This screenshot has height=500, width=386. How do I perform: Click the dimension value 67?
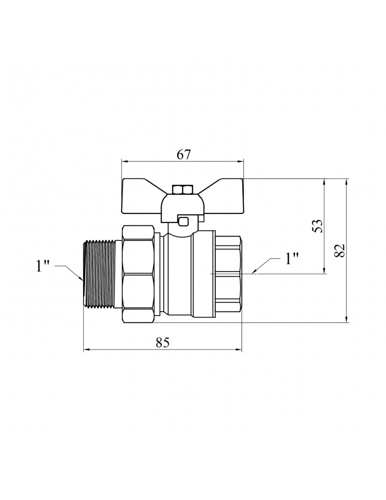click(x=184, y=154)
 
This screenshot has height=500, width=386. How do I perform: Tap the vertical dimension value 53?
click(x=317, y=225)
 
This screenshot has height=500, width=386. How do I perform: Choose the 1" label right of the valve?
click(x=291, y=258)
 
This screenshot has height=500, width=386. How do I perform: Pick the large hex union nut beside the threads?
click(x=139, y=274)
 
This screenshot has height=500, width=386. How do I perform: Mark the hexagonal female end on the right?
click(x=228, y=274)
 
